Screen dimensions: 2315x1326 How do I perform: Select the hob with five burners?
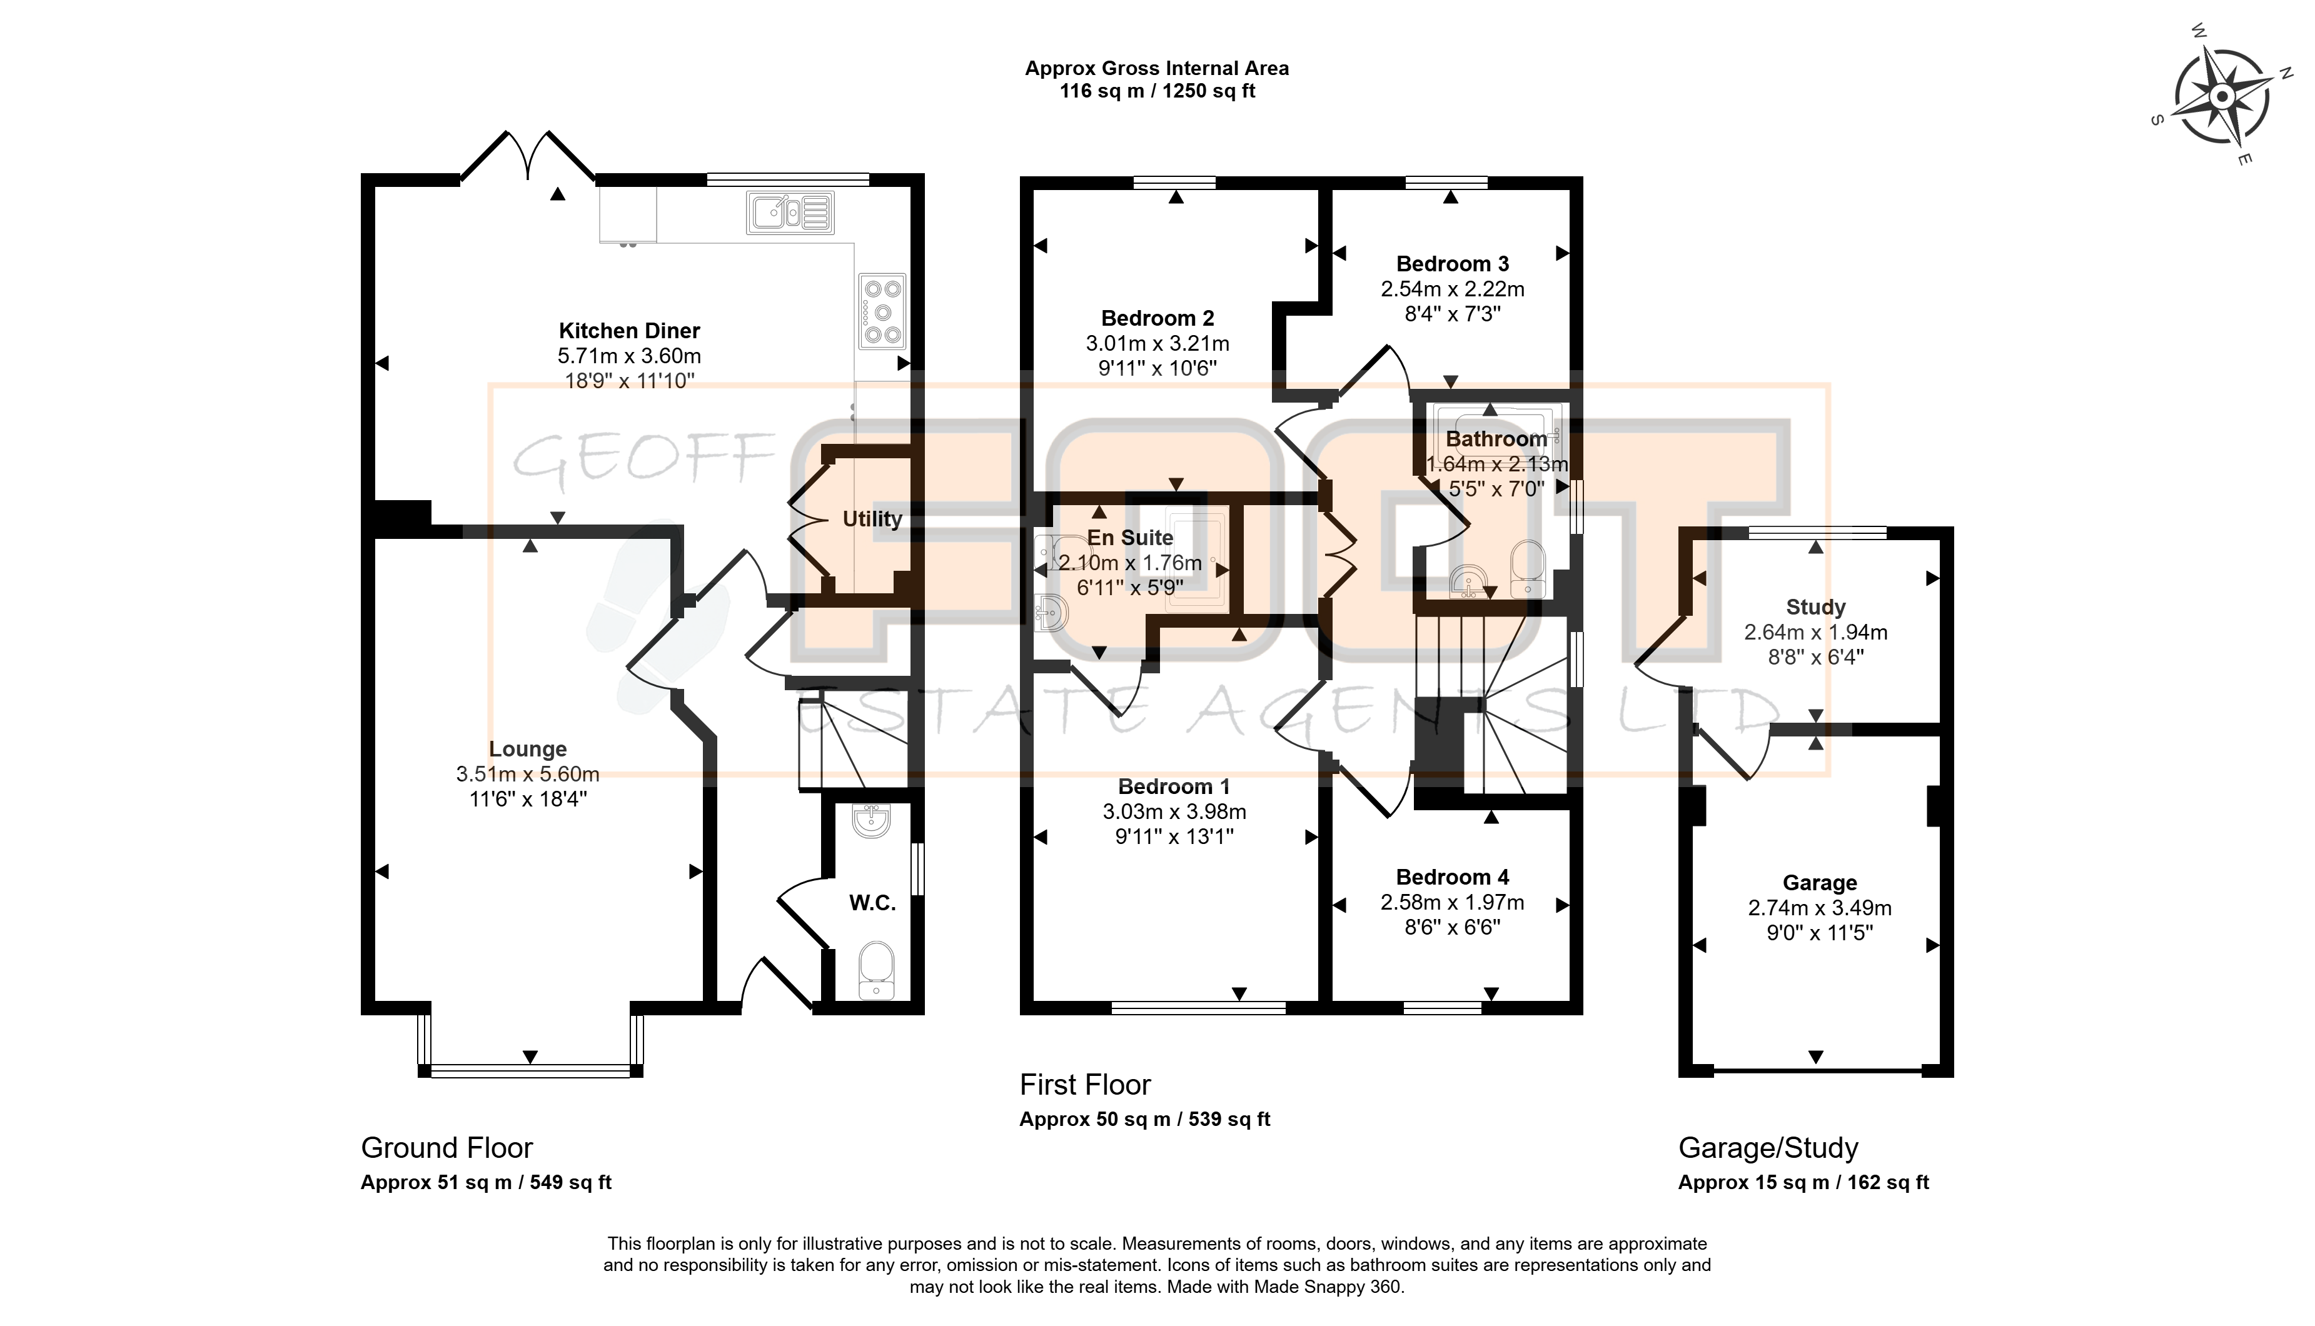tap(882, 311)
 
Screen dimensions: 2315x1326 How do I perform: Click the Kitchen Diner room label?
tap(629, 331)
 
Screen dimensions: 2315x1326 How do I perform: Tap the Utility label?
tap(872, 518)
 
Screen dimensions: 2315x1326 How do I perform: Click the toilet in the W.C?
tap(876, 971)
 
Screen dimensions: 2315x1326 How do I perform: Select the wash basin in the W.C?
tap(872, 821)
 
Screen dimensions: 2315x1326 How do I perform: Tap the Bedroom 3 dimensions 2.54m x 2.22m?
tap(1453, 289)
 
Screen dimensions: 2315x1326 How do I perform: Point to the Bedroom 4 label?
tap(1453, 877)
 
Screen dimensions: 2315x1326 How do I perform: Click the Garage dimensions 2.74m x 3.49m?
tap(1820, 908)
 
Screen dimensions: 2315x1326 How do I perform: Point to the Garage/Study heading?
tap(1768, 1148)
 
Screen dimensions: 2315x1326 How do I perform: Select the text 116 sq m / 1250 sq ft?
tap(1157, 91)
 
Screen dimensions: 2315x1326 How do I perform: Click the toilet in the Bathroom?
tap(1527, 569)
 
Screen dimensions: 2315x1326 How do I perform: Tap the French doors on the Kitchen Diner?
tap(528, 157)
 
